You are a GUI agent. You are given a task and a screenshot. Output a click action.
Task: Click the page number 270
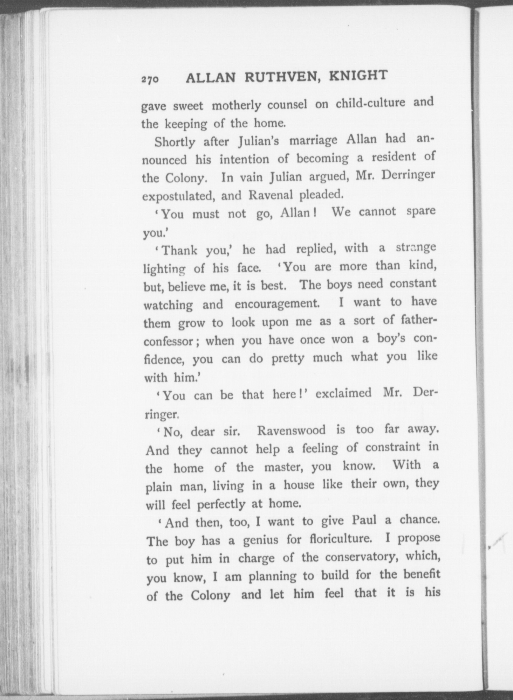150,79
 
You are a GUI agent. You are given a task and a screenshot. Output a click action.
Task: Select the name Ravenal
270,195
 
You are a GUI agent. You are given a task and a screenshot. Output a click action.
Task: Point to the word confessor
171,341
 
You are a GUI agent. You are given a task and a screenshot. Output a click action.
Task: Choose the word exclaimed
343,393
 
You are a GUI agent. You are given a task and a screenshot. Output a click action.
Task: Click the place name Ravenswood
292,430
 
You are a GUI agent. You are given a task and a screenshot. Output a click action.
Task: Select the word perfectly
221,504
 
